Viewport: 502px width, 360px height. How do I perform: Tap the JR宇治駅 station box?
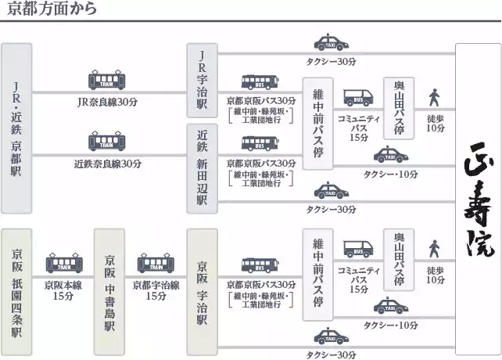(202, 80)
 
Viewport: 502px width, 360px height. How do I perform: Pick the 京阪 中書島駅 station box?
(109, 293)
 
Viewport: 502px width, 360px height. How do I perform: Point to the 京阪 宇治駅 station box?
(202, 293)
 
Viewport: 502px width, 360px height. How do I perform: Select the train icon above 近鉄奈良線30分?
(107, 143)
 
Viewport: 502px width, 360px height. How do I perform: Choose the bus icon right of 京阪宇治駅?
(260, 265)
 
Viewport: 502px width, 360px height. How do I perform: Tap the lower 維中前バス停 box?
(318, 274)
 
